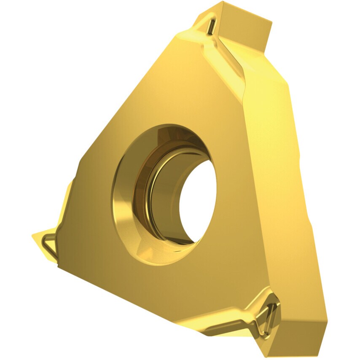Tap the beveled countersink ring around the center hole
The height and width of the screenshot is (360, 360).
tap(126, 198)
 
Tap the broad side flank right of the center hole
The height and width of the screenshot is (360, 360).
tap(270, 190)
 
